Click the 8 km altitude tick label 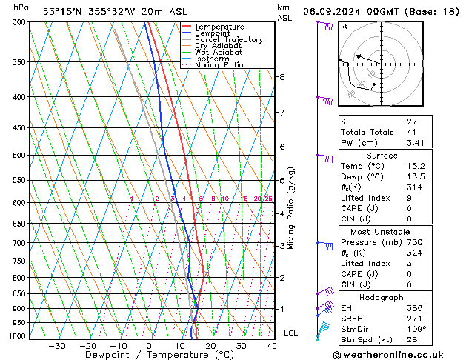282,77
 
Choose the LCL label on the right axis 290,333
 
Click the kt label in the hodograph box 344,26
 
